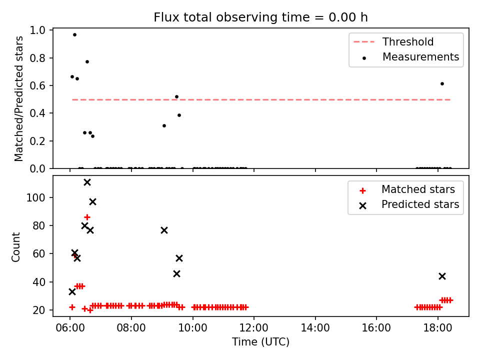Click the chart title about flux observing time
pyautogui.click(x=260, y=17)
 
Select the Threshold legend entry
pyautogui.click(x=393, y=41)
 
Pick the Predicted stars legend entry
pyautogui.click(x=409, y=204)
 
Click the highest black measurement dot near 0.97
pyautogui.click(x=74, y=35)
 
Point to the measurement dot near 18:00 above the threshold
pyautogui.click(x=442, y=84)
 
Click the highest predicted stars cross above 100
pyautogui.click(x=87, y=182)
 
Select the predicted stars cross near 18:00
pyautogui.click(x=442, y=276)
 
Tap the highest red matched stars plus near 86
pyautogui.click(x=87, y=217)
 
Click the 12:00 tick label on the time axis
pyautogui.click(x=254, y=328)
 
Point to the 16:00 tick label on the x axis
pyautogui.click(x=376, y=328)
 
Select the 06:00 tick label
pyautogui.click(x=70, y=328)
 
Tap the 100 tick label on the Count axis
pyautogui.click(x=36, y=198)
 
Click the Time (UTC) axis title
pyautogui.click(x=260, y=342)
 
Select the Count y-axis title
pyautogui.click(x=16, y=246)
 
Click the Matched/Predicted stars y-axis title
pyautogui.click(x=19, y=98)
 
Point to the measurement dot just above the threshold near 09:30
pyautogui.click(x=176, y=96)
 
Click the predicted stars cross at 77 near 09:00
pyautogui.click(x=164, y=230)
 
